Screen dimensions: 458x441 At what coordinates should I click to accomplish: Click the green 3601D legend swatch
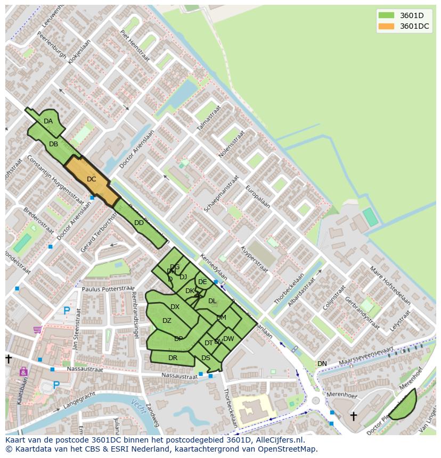[386, 15]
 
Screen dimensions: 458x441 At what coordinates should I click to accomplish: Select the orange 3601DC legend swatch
[386, 26]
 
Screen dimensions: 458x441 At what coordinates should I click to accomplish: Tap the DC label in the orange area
[92, 179]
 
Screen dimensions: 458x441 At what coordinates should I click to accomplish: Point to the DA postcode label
[48, 121]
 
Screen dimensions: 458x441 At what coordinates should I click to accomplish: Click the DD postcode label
[139, 223]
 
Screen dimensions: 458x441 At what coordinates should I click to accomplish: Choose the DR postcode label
[173, 358]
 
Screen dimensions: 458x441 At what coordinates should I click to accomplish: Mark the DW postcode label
[228, 339]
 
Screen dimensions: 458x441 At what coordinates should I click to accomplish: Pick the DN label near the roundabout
[322, 364]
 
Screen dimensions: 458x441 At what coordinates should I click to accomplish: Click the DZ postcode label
[167, 321]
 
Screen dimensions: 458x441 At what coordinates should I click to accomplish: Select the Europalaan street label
[258, 197]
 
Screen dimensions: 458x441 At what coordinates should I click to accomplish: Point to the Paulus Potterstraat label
[109, 289]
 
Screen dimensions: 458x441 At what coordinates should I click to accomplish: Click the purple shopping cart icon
[37, 330]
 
